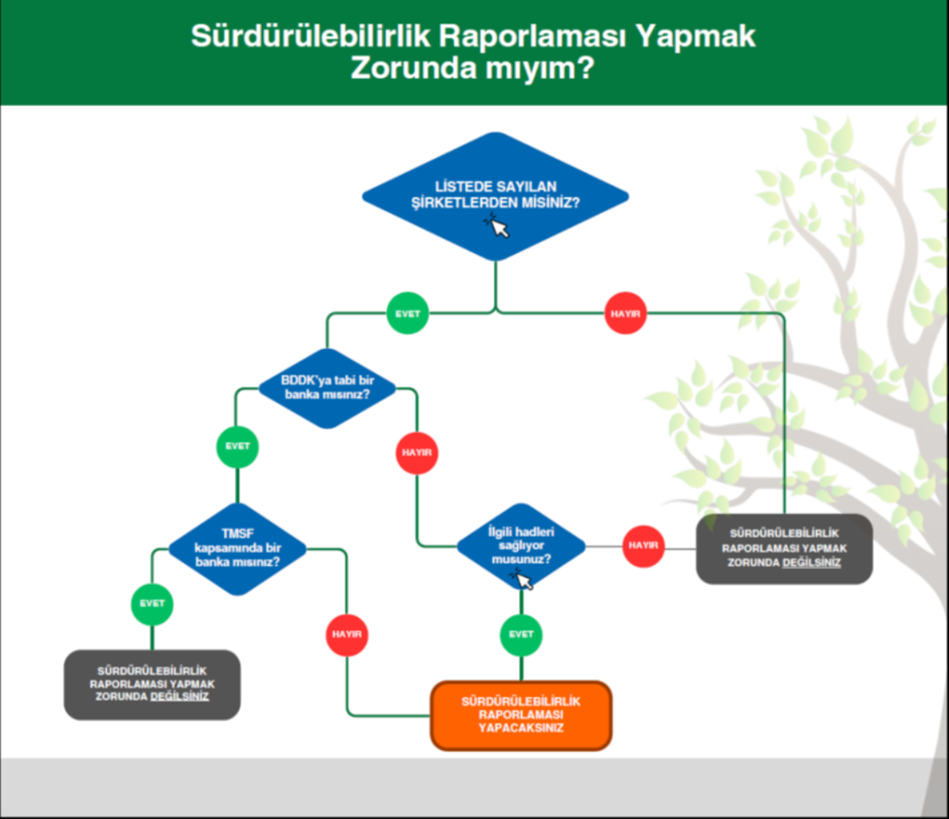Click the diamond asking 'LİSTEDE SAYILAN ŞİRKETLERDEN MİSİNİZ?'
(x=495, y=197)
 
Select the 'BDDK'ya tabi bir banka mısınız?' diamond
(x=327, y=388)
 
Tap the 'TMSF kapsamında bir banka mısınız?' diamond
(x=237, y=549)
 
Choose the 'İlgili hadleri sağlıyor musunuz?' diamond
(x=521, y=547)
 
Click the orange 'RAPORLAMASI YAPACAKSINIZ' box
(x=521, y=715)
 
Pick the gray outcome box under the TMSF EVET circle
(x=152, y=685)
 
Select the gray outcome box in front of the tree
(x=784, y=549)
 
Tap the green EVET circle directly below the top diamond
(x=407, y=313)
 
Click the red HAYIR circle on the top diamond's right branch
(x=625, y=313)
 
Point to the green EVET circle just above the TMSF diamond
(x=237, y=446)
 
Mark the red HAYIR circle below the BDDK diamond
(x=417, y=452)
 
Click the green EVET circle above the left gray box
(x=152, y=604)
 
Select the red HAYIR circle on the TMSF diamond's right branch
(x=347, y=634)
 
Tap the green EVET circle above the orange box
(x=521, y=634)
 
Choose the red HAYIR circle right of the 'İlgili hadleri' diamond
(x=643, y=546)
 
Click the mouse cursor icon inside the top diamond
(x=497, y=226)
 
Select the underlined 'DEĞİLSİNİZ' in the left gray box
(x=179, y=697)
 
